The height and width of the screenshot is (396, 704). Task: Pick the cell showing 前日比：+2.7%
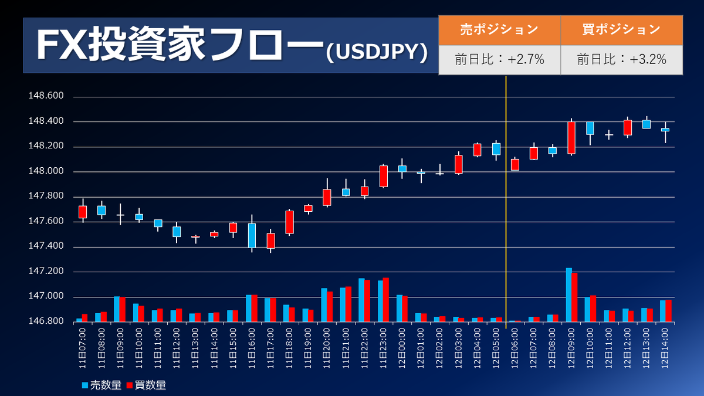pos(499,59)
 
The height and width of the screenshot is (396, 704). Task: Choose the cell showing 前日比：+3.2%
pos(621,59)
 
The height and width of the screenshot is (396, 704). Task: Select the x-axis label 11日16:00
pos(252,348)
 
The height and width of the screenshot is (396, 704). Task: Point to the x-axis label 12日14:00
pos(666,348)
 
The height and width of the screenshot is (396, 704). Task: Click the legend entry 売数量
pos(101,385)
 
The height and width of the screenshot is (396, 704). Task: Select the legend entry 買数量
pos(146,385)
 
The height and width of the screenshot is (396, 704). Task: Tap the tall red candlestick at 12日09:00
pos(571,138)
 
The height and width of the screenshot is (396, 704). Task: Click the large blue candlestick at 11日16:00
pos(252,235)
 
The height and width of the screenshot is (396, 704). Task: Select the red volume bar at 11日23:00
pos(386,299)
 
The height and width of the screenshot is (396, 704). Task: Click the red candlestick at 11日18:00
pos(289,222)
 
